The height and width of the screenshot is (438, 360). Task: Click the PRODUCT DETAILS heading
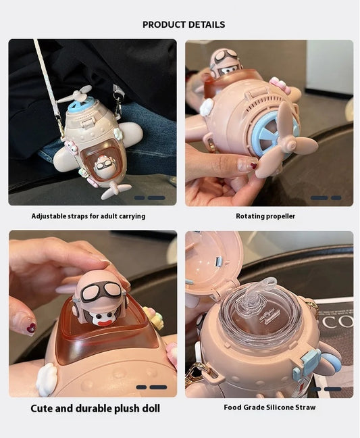point(184,25)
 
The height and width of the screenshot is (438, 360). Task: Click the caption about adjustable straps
point(88,216)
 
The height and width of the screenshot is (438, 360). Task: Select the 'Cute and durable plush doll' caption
point(95,408)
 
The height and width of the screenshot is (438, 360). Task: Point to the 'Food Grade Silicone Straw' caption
point(269,408)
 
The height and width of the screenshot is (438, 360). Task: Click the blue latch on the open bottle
point(309,362)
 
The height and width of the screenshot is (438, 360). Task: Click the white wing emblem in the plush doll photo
point(46,379)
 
